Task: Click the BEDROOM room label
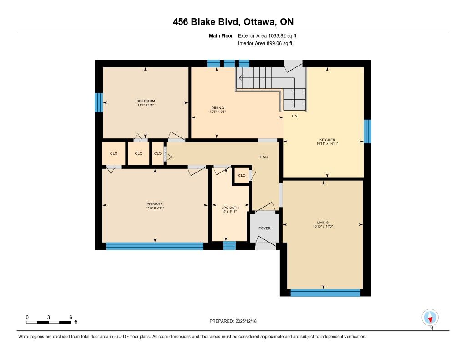coord(146,101)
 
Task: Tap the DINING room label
coord(218,108)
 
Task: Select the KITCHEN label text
coord(327,140)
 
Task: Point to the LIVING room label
coord(323,223)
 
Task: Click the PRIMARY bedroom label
coord(155,204)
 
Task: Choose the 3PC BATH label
coord(230,208)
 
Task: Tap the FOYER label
coord(264,228)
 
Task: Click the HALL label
coord(264,157)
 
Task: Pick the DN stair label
coord(294,116)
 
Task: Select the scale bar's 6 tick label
coord(71,317)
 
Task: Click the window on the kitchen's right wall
coord(368,132)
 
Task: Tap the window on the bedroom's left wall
coord(99,102)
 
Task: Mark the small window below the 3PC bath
coord(229,246)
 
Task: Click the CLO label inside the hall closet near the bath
coord(242,175)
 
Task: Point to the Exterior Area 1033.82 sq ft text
coord(267,36)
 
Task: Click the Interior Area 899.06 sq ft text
coord(265,43)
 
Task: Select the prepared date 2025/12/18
coord(246,321)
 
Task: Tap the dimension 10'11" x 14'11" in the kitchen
coord(327,143)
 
